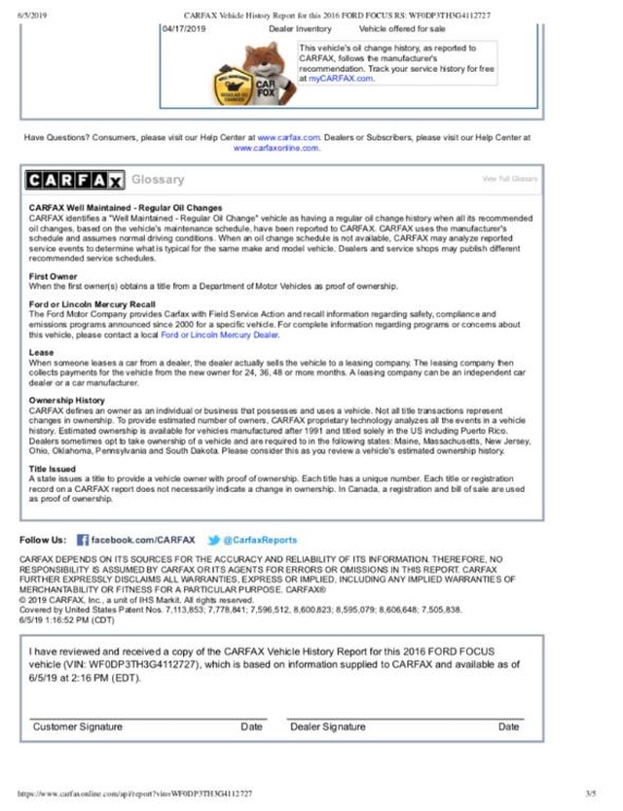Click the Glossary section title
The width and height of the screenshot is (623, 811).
click(158, 180)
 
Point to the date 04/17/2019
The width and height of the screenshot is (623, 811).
click(185, 30)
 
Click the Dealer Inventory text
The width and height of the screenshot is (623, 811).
click(300, 30)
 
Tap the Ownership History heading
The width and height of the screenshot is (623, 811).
click(65, 401)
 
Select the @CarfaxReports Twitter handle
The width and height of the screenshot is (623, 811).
click(260, 539)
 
